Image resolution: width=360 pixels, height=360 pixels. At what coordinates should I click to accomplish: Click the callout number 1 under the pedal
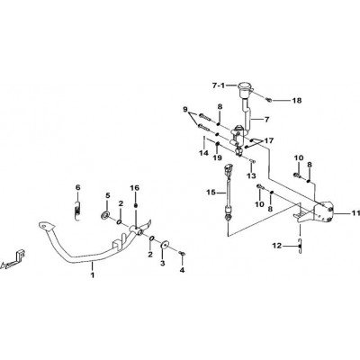(93, 274)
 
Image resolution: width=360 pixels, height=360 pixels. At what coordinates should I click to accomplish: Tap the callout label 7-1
(219, 85)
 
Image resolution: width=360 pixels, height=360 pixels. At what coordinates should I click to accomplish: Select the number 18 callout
(297, 101)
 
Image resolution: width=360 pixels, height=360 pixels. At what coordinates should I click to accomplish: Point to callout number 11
(355, 213)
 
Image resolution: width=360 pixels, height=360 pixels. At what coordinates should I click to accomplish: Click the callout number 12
(277, 246)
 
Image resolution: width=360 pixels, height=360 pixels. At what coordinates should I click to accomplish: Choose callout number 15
(211, 192)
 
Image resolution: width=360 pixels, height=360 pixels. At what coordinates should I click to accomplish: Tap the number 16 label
(135, 188)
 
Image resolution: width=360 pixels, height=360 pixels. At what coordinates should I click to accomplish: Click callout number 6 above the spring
(78, 188)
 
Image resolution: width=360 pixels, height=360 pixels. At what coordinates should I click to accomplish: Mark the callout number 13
(251, 175)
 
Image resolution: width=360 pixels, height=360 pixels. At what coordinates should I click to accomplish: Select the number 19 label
(218, 157)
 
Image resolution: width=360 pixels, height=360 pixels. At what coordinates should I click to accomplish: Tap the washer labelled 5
(105, 215)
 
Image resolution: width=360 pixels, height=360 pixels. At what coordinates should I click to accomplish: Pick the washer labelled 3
(164, 246)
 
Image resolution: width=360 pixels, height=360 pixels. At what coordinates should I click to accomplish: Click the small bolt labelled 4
(181, 254)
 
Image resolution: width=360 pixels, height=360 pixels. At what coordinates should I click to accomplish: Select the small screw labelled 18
(269, 100)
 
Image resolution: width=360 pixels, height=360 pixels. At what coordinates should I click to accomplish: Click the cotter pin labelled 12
(300, 246)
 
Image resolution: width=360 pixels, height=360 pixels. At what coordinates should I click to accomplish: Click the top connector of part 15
(229, 168)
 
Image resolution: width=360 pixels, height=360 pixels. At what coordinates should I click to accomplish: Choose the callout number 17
(269, 140)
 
